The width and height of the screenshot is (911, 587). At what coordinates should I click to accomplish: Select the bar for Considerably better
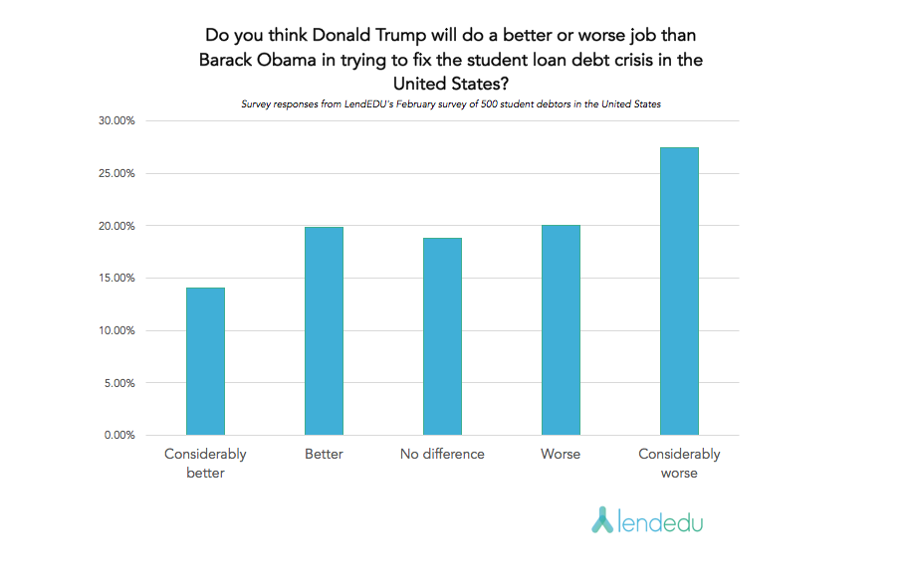(205, 361)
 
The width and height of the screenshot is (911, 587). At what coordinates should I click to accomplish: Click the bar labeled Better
(324, 331)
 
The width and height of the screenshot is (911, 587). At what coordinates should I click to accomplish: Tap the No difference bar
(442, 336)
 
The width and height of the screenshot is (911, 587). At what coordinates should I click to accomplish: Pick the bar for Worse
(561, 330)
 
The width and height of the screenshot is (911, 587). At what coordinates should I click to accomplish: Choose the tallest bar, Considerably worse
(679, 292)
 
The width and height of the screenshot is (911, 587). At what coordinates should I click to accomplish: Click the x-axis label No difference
(442, 455)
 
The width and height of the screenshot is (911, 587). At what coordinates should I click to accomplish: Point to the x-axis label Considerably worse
(679, 464)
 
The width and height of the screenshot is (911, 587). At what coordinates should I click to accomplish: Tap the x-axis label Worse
(561, 455)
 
